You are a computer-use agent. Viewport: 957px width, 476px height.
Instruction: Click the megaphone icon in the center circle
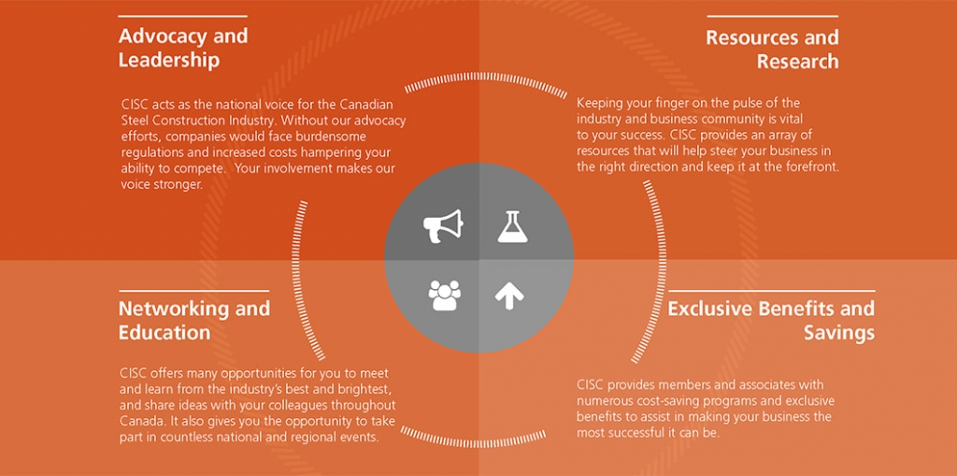pyautogui.click(x=443, y=226)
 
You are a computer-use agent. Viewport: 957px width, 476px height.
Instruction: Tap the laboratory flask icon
pyautogui.click(x=512, y=226)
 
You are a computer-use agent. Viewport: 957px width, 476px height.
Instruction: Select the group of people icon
pyautogui.click(x=444, y=296)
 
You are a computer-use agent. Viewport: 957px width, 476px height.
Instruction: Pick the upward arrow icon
pyautogui.click(x=509, y=296)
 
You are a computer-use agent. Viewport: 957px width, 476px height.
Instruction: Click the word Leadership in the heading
pyautogui.click(x=169, y=61)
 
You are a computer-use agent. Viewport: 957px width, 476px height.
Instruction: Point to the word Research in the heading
pyautogui.click(x=798, y=61)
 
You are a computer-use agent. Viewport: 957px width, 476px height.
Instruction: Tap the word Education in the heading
pyautogui.click(x=164, y=332)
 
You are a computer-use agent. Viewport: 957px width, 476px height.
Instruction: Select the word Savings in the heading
pyautogui.click(x=838, y=333)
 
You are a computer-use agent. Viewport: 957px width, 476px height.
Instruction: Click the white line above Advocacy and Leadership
pyautogui.click(x=182, y=16)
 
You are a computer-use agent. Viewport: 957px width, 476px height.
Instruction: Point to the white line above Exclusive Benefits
pyautogui.click(x=771, y=291)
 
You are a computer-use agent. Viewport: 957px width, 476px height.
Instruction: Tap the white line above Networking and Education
pyautogui.click(x=194, y=291)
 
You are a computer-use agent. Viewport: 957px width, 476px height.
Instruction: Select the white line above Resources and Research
pyautogui.click(x=773, y=16)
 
